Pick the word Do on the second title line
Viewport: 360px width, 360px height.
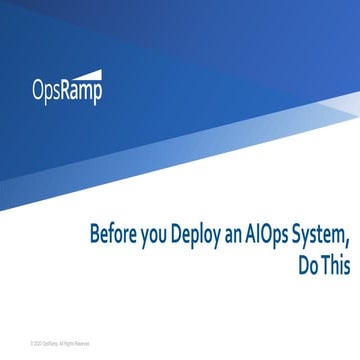point(310,266)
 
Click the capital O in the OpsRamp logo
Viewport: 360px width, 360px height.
point(37,92)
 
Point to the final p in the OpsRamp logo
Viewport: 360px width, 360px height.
point(98,94)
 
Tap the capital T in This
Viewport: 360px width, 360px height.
point(329,266)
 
